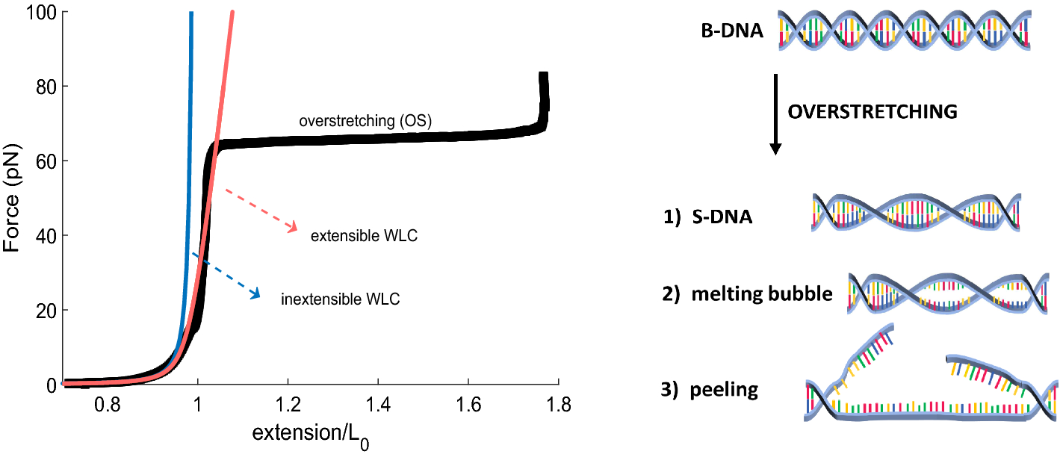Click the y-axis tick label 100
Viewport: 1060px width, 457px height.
(x=41, y=13)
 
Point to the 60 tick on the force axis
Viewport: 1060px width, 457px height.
(x=46, y=161)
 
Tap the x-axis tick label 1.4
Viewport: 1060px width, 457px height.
(x=378, y=405)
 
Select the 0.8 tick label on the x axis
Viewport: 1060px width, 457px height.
(x=108, y=405)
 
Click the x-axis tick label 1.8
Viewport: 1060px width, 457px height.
(x=559, y=405)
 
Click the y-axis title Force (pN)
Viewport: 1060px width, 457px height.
(x=11, y=197)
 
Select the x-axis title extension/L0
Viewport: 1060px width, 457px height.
(x=311, y=435)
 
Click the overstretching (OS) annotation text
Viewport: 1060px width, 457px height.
(x=365, y=121)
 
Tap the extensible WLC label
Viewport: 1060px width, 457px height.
(x=364, y=236)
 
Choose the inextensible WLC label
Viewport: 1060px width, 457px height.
(x=340, y=299)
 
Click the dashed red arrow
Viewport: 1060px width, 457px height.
(x=261, y=211)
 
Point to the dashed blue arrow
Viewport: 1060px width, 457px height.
(x=226, y=276)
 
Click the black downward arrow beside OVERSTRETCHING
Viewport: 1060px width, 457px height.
(x=775, y=114)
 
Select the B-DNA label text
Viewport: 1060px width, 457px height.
(x=732, y=31)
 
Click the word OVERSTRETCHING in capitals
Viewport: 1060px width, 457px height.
(x=873, y=112)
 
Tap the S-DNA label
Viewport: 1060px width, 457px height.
(x=722, y=217)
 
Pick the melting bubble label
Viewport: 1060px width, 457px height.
(x=762, y=293)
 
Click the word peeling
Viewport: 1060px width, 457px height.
(x=724, y=390)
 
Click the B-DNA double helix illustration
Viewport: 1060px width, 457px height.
(x=905, y=30)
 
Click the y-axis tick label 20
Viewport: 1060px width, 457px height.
(x=46, y=311)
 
